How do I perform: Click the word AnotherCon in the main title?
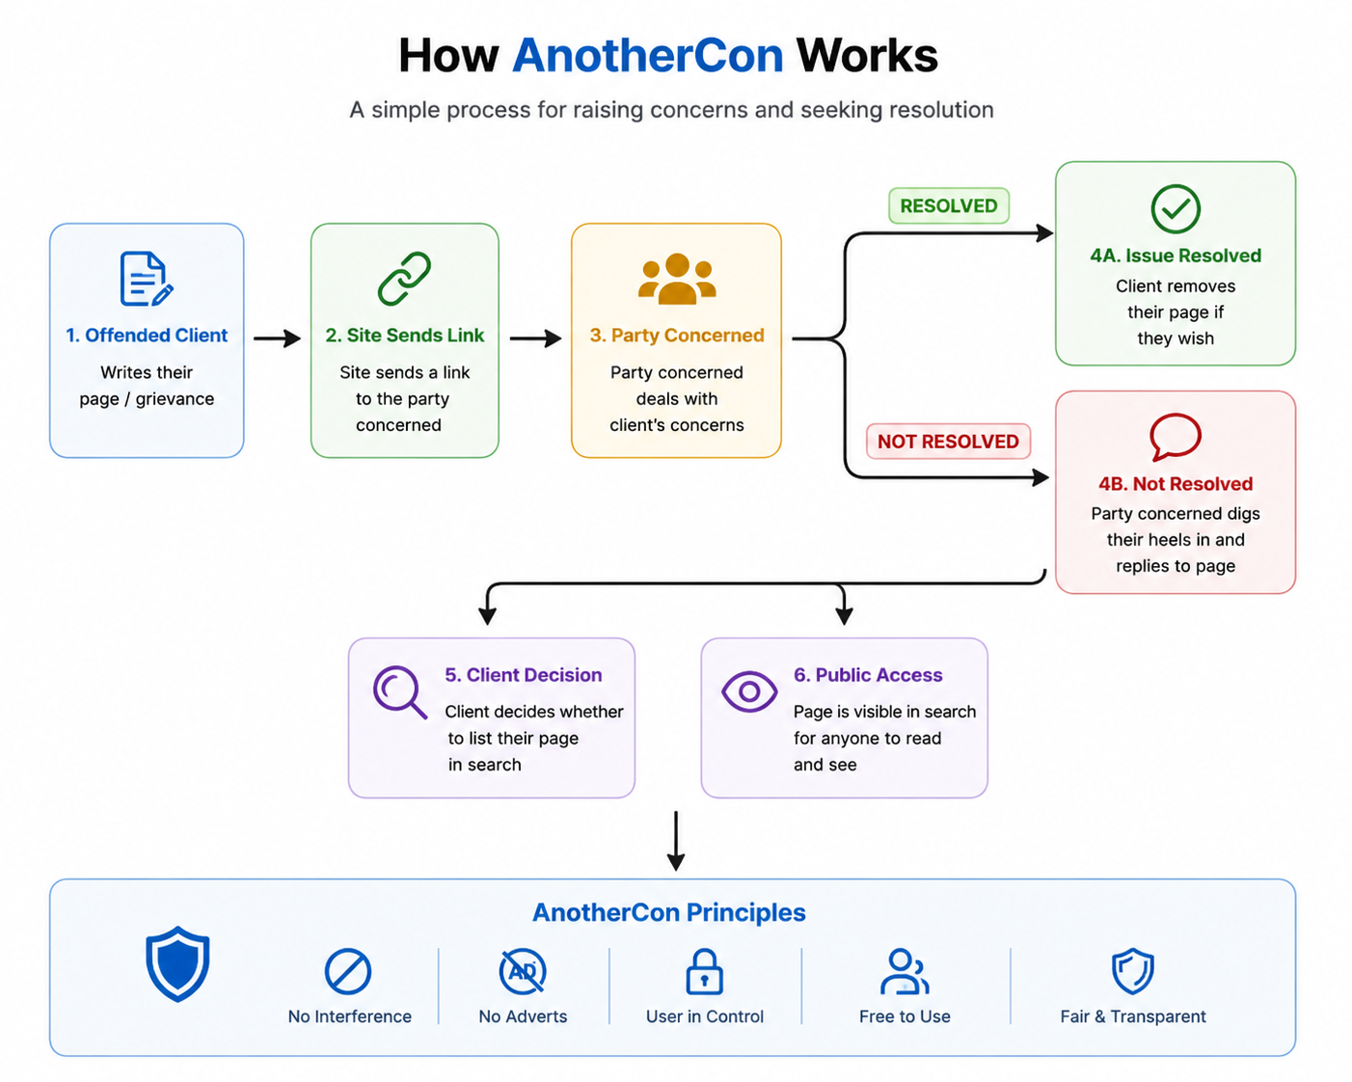pos(648,56)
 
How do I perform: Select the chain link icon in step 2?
pos(405,279)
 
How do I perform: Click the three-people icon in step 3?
pos(677,279)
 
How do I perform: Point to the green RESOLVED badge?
pos(949,205)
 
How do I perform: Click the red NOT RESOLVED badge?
pos(948,441)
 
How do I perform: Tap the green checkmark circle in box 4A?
pos(1176,208)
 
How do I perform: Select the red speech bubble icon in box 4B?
pos(1176,437)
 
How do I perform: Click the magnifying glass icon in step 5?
pos(400,692)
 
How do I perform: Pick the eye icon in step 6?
pos(749,691)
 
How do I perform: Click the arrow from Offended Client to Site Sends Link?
pos(277,338)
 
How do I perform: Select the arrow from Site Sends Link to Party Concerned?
pos(535,338)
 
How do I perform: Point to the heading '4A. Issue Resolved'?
pos(1176,256)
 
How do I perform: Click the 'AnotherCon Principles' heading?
pos(669,912)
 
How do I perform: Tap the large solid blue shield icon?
pos(177,964)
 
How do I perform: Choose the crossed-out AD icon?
pos(523,971)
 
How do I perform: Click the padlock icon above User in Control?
pos(704,971)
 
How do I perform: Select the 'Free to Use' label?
pos(905,1016)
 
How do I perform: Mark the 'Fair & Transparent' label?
pos(1133,1016)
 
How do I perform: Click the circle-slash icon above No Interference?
pos(348,971)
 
